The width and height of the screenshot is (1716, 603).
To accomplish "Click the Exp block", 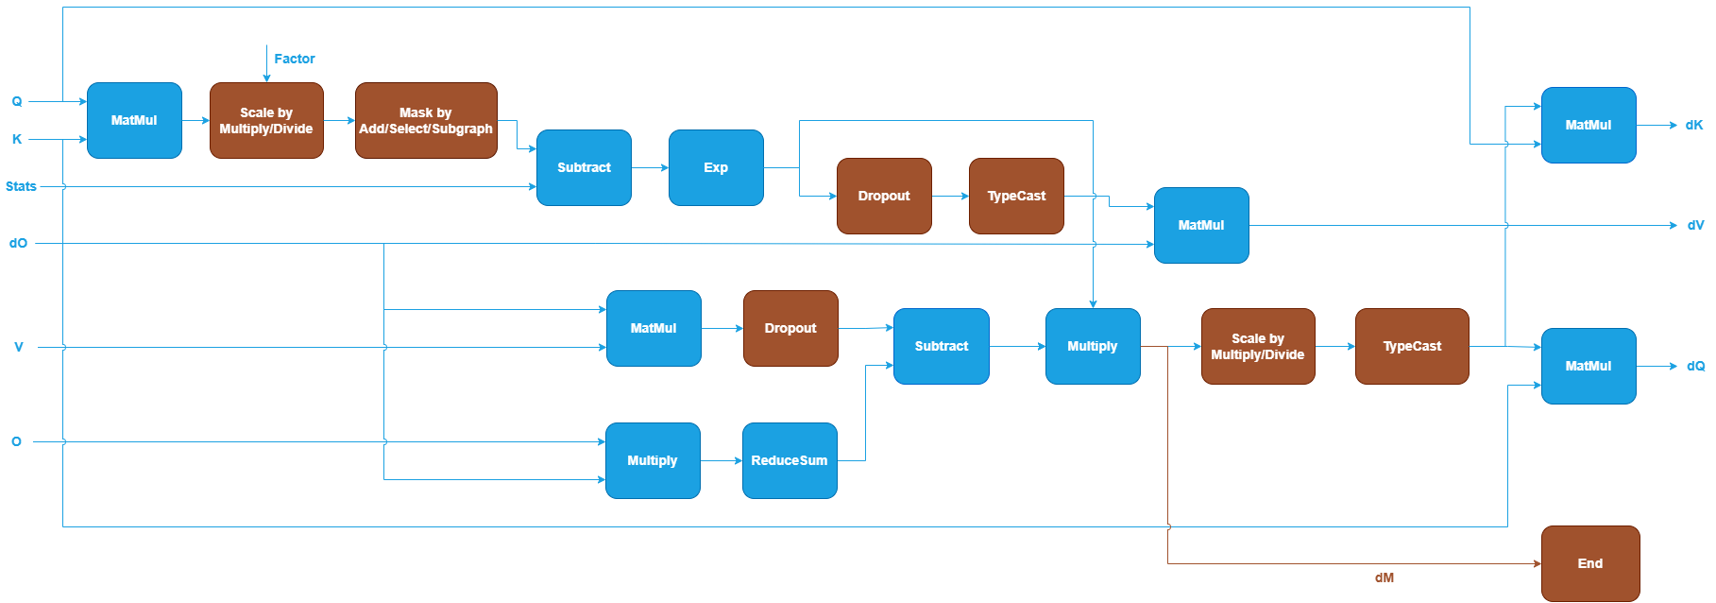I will pos(716,167).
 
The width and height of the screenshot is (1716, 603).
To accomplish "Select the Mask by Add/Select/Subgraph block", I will pos(426,120).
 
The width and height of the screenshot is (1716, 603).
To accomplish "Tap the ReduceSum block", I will pos(790,460).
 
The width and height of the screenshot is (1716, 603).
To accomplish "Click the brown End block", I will pos(1589,563).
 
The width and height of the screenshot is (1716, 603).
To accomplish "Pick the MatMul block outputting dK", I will pos(1589,125).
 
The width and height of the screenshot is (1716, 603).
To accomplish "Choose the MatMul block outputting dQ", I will pos(1589,366).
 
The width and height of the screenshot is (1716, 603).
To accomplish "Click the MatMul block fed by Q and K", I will pos(134,120).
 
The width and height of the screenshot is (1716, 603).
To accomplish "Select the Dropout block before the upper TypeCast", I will pos(884,196).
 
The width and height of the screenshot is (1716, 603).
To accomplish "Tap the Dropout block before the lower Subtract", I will pos(790,328).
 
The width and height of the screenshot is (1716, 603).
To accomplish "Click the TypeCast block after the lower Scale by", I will pos(1412,346).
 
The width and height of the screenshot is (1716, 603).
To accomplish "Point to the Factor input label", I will pos(295,59).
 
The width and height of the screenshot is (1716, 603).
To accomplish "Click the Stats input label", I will pos(21,186).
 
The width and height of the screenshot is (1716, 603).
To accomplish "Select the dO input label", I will pos(19,243).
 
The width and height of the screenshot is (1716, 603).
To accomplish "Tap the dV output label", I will pos(1696,225).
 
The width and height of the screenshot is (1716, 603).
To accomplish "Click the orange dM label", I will pos(1385,577).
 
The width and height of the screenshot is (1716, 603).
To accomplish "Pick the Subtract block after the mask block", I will pos(584,167).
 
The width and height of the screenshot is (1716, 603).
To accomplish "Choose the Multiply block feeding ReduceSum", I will pos(653,460).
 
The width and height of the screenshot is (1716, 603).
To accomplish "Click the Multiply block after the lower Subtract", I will pos(1093,346).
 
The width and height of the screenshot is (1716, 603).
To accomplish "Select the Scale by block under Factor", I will pos(266,120).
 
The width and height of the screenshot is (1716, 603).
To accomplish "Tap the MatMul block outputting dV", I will pos(1201,225).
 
